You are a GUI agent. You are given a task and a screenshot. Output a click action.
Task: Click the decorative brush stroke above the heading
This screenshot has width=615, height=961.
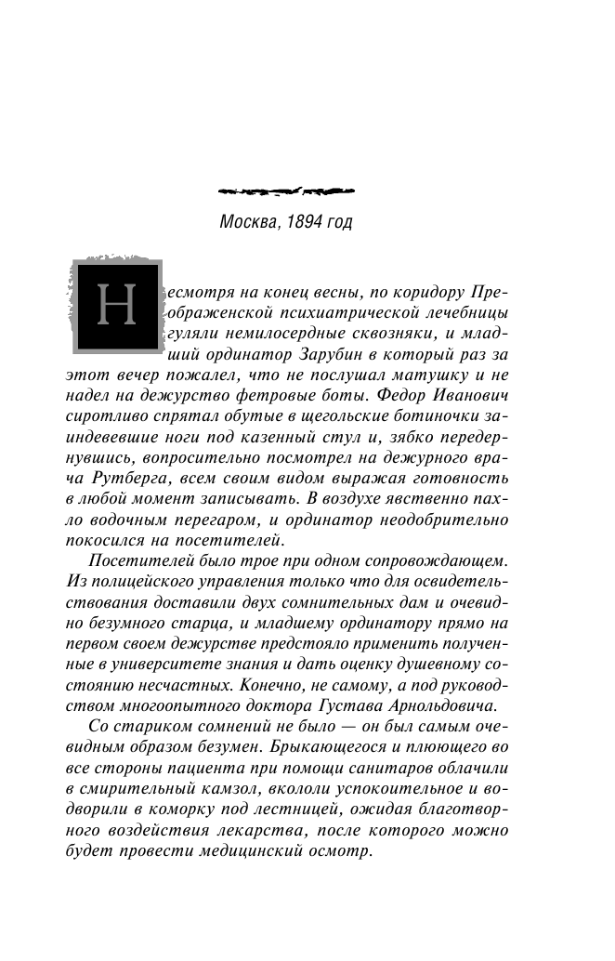coord(285,192)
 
